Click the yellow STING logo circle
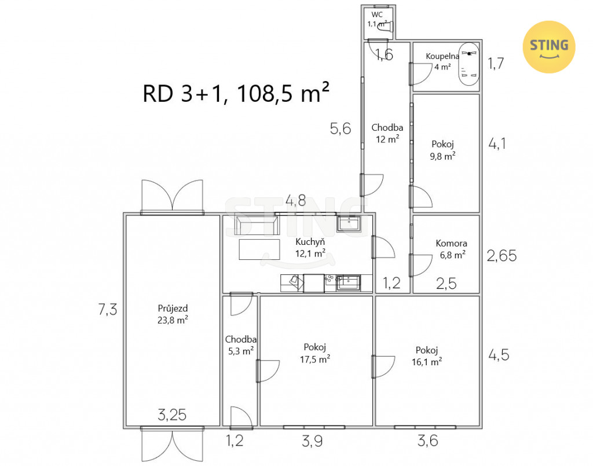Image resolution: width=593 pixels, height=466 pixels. [549, 47]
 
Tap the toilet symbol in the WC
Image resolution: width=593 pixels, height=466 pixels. [386, 27]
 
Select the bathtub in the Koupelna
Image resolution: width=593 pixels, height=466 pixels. [469, 65]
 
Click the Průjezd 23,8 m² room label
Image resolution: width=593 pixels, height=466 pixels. [173, 314]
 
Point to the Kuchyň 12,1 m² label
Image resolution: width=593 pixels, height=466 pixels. [310, 248]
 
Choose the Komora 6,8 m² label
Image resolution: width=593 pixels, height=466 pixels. [452, 249]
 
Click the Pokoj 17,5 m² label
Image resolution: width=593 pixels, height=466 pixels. [315, 353]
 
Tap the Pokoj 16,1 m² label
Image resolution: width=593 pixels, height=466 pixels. [427, 356]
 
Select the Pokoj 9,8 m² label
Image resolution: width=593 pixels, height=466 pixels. [442, 150]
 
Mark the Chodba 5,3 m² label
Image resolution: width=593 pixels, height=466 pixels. [240, 345]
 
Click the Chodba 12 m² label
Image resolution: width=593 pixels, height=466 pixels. [387, 133]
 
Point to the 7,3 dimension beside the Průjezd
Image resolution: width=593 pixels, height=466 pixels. [108, 310]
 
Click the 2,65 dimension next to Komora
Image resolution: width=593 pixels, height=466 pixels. [502, 256]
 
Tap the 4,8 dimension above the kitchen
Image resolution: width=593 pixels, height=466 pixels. [296, 200]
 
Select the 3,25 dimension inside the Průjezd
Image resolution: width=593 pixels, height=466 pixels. [172, 415]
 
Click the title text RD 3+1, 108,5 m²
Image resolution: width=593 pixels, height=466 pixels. [236, 93]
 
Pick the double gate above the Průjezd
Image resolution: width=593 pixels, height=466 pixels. [173, 195]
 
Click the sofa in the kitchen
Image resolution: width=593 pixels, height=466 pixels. [257, 226]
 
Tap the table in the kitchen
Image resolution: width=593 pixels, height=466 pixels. [259, 249]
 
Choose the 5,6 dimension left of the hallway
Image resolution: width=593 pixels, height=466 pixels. [341, 129]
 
